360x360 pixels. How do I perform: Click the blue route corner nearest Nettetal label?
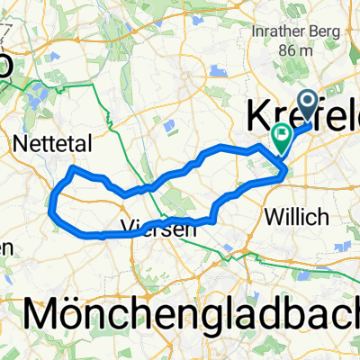(73, 168)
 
